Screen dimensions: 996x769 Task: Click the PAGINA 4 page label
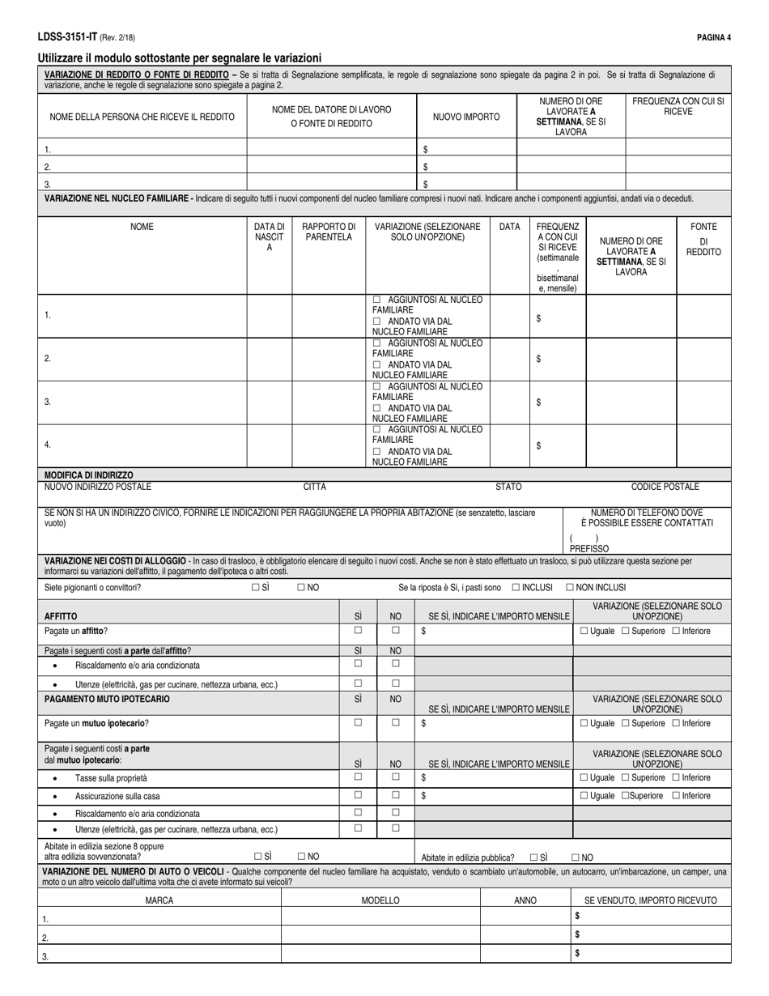click(713, 37)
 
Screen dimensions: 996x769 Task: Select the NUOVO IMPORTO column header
click(466, 117)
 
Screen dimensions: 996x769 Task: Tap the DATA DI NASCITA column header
click(270, 236)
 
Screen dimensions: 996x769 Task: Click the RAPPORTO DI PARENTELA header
click(328, 232)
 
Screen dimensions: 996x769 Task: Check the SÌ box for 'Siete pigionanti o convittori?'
click(257, 588)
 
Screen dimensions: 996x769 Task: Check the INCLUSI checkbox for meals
click(516, 588)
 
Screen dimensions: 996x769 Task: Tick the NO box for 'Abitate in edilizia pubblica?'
click(576, 856)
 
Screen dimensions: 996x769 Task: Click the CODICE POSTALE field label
click(665, 487)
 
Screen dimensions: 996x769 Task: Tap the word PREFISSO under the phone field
click(589, 548)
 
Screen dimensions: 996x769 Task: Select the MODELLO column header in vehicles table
click(380, 900)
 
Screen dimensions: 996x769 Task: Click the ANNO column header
click(525, 900)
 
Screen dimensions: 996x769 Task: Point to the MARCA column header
click(159, 900)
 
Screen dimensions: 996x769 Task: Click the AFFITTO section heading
click(61, 616)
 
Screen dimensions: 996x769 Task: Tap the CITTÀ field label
click(314, 487)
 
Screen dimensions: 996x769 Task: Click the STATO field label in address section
click(508, 487)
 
